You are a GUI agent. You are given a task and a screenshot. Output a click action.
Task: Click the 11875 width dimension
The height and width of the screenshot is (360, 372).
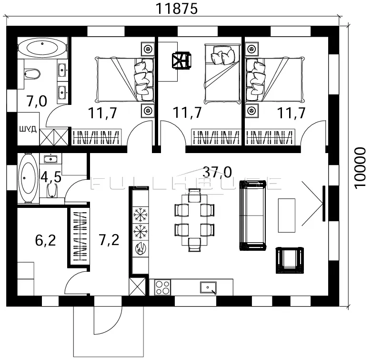click(x=176, y=9)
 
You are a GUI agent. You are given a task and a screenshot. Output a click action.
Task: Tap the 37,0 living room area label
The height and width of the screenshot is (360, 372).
click(x=217, y=172)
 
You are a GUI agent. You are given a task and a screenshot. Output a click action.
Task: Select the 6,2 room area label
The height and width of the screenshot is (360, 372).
click(x=46, y=240)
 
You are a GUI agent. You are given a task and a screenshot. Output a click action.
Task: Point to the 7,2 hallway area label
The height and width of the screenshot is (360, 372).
click(x=109, y=240)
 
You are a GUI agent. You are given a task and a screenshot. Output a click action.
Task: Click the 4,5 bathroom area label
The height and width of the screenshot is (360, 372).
click(x=51, y=177)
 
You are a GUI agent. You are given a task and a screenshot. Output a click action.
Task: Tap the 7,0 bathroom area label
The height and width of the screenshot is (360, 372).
click(x=37, y=102)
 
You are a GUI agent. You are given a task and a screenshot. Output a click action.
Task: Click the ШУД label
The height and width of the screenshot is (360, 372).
click(x=28, y=129)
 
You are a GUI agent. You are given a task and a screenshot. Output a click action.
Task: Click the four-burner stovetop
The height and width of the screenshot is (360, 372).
click(x=162, y=288)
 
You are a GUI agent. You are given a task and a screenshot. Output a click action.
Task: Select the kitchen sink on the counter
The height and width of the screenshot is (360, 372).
click(x=208, y=288)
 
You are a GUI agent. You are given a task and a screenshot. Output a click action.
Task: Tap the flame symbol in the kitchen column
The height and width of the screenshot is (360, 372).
click(x=141, y=249)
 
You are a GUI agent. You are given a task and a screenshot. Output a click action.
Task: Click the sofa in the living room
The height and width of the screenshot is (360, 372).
click(x=252, y=216)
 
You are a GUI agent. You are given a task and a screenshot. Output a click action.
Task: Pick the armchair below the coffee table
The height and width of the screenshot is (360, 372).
click(x=290, y=260)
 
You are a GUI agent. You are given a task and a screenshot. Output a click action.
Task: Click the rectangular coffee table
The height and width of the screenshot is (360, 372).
click(x=287, y=216)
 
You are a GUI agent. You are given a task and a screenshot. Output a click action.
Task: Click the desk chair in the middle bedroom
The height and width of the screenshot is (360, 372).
click(x=181, y=61)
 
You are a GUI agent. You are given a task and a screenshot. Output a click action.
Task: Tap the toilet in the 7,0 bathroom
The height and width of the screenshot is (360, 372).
click(x=32, y=73)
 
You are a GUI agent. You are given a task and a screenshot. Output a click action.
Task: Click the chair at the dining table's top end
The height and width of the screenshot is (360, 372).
click(x=194, y=195)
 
